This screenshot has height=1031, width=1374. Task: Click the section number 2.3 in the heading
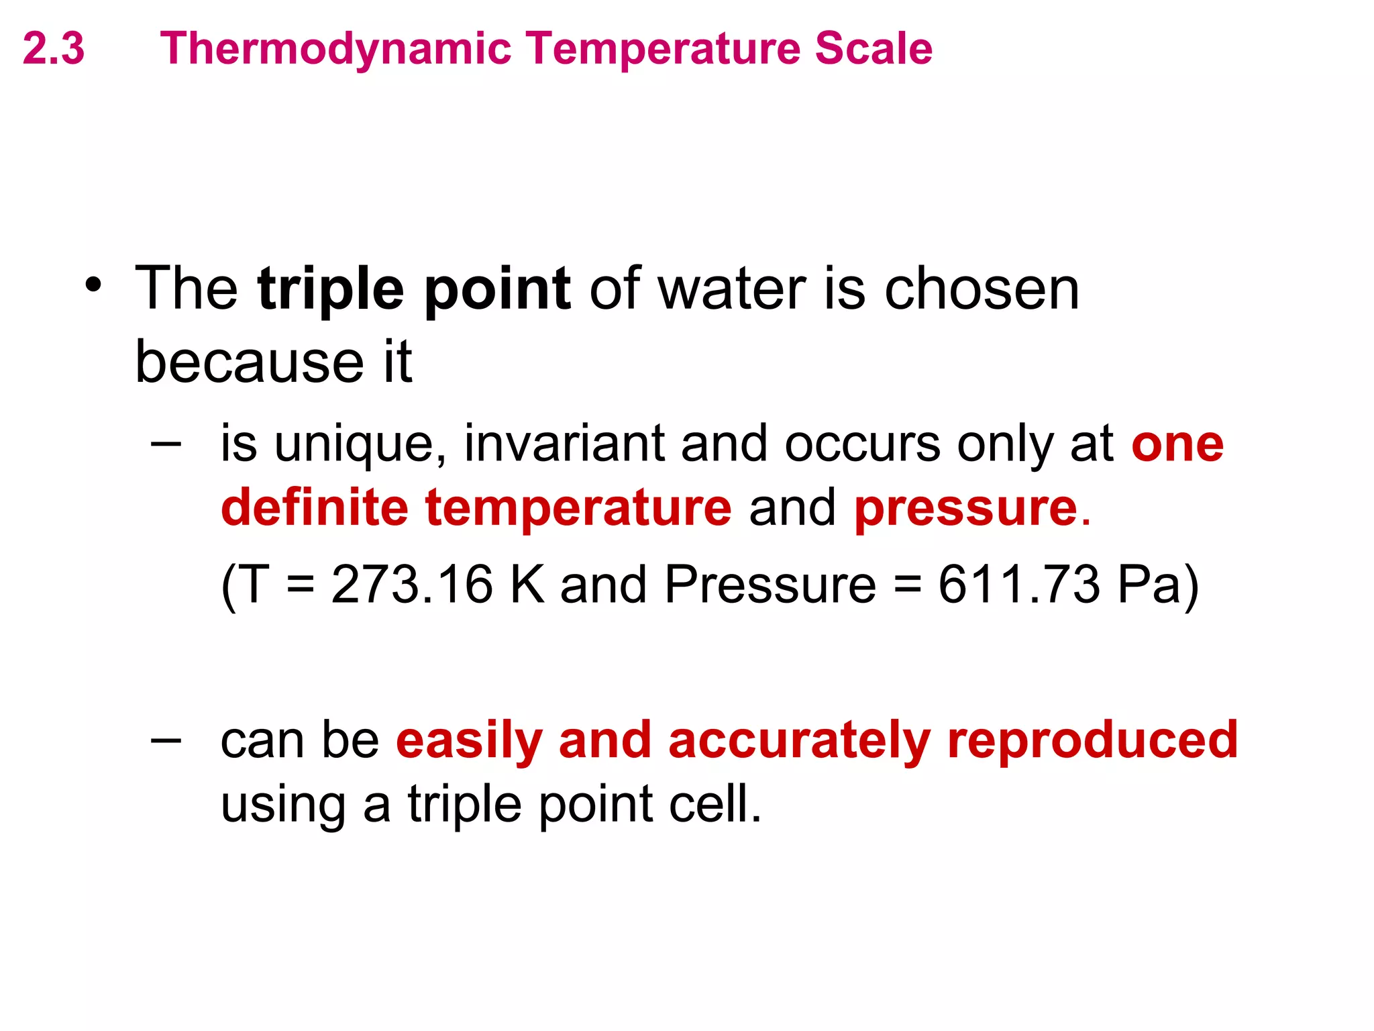54,48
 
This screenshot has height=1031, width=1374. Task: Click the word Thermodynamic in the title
335,50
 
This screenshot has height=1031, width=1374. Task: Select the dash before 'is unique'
166,444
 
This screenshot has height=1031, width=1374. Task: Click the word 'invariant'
564,444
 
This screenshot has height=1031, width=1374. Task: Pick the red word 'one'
1177,445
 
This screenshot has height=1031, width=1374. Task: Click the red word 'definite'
314,507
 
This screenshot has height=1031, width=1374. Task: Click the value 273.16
412,584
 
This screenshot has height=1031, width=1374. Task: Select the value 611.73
1018,584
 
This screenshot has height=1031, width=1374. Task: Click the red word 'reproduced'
1092,740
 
